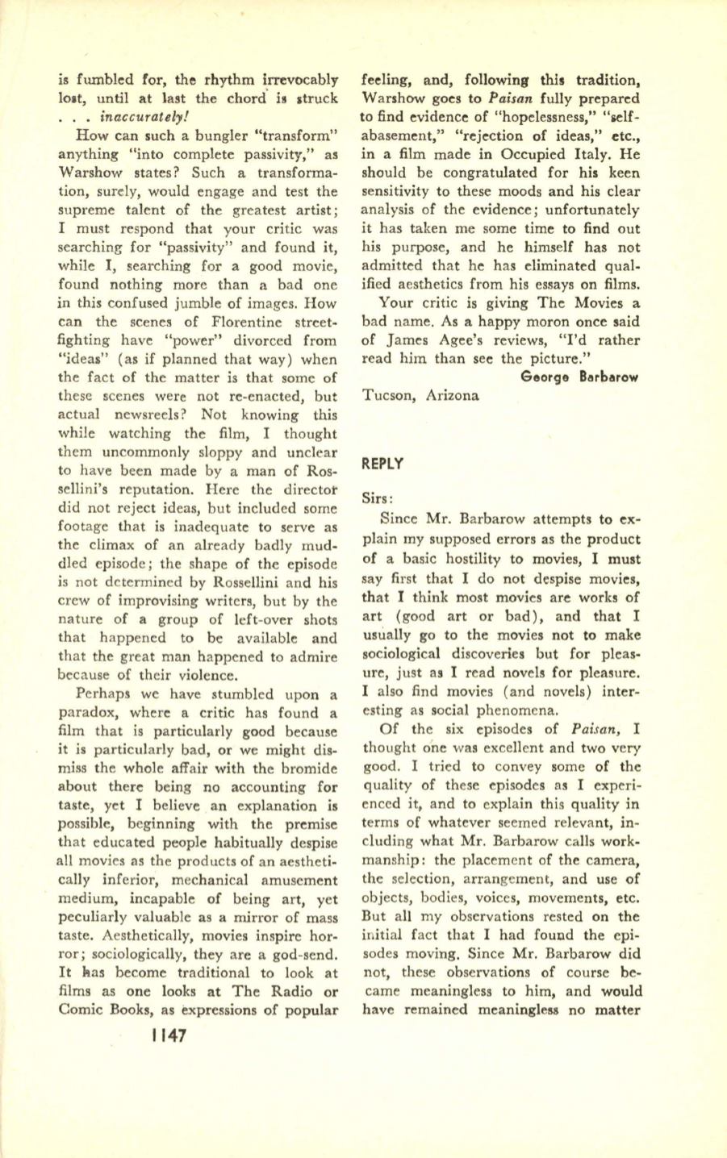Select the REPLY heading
click(x=384, y=464)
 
